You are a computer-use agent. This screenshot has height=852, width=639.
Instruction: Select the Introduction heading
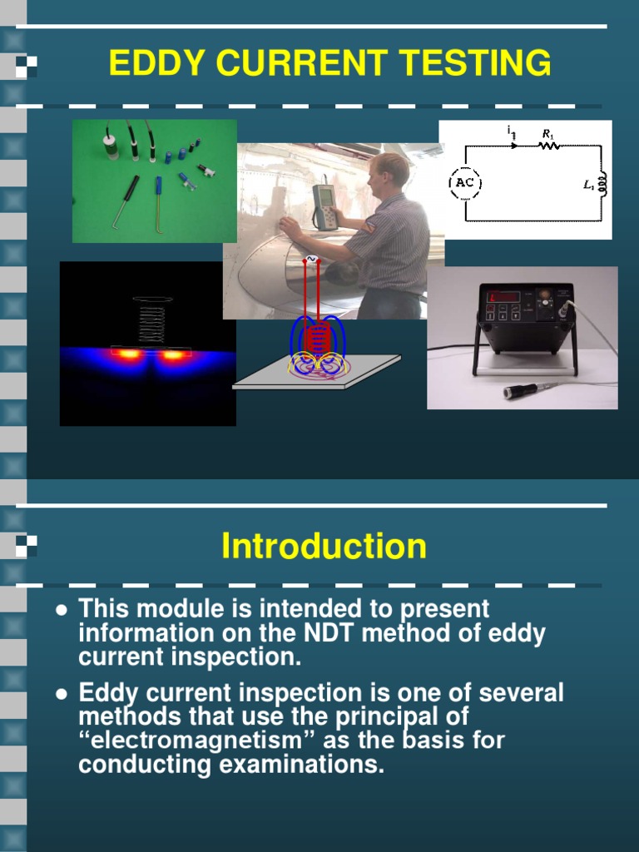(x=324, y=547)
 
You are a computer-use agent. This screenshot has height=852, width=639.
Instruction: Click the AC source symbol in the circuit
(x=465, y=183)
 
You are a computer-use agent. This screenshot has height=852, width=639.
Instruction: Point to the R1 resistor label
(x=547, y=133)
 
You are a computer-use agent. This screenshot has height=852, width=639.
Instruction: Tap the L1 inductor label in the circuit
(x=588, y=186)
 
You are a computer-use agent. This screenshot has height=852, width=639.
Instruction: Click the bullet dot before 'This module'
(x=61, y=610)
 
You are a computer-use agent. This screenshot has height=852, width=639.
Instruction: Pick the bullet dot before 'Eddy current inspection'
(x=61, y=693)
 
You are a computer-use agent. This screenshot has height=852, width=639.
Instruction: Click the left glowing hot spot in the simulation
(x=128, y=354)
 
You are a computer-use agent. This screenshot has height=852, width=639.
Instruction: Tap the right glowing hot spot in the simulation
(x=173, y=355)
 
